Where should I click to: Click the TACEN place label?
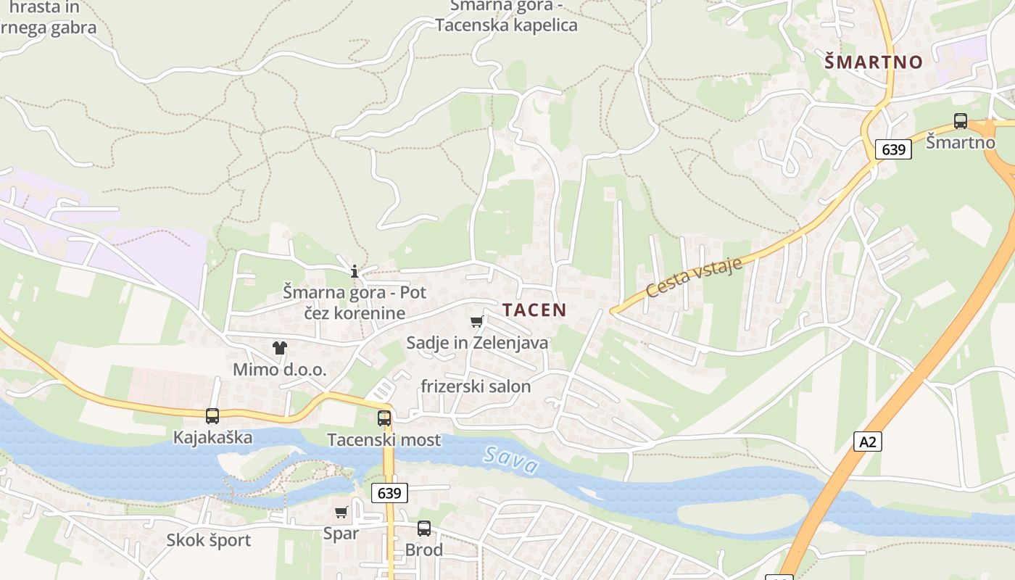534,310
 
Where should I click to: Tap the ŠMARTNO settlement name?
873,62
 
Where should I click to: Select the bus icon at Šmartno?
961,121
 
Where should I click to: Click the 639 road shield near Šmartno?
893,149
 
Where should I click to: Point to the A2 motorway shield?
868,442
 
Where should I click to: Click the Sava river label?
511,460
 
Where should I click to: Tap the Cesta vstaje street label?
694,277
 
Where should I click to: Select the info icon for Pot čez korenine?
355,272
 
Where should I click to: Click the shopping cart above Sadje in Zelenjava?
476,321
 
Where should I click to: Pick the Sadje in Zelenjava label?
477,342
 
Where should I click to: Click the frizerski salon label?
476,386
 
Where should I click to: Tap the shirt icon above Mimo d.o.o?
280,348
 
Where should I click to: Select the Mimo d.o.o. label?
280,370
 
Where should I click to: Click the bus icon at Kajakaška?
212,416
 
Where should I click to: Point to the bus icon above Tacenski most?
384,418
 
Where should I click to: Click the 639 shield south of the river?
389,493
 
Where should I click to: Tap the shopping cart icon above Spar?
341,512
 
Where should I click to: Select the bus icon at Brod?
424,529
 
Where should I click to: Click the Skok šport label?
208,540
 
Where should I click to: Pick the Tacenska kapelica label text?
506,25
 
